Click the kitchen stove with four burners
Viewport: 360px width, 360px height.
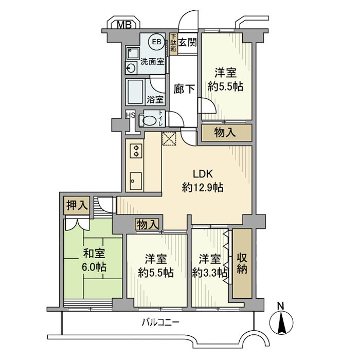(137, 150)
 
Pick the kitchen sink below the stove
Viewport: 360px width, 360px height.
(136, 179)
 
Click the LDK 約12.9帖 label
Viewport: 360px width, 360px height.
(202, 181)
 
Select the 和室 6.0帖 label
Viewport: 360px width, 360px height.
(93, 260)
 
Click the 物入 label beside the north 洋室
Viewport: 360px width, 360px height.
(226, 132)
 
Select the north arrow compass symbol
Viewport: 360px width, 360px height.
(281, 321)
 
